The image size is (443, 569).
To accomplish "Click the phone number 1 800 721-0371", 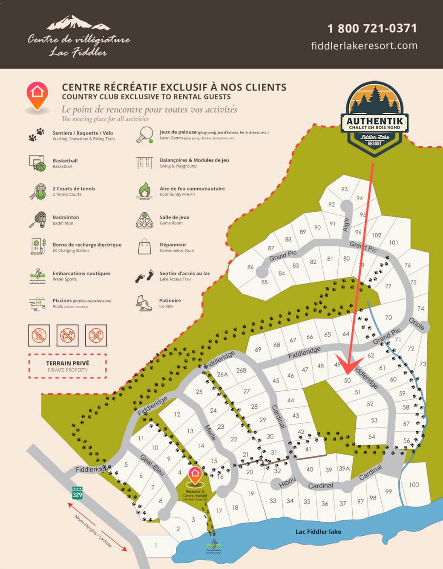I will pos(372,29).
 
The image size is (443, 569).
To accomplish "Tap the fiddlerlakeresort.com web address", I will pos(364,46).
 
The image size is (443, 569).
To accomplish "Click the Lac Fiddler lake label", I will pos(318,531).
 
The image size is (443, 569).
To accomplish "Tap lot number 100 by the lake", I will pos(414,485).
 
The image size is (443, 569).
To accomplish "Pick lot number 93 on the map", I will pos(344,189).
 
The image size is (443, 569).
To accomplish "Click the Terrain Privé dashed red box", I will pos(67,366).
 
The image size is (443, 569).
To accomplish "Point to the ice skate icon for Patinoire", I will pos(144,303).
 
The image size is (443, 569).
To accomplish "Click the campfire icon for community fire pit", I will pos(144,191).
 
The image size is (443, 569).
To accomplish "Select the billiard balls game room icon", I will pos(144,220).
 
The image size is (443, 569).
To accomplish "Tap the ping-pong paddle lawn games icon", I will pos(144,135).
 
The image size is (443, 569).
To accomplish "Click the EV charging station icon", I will pos(38,247).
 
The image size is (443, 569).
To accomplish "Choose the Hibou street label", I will pos(287,483).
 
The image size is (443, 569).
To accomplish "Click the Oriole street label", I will pos(417,324).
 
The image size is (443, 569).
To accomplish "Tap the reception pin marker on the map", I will pos(195,476).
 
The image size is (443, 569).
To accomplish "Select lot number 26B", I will pos(241,370).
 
